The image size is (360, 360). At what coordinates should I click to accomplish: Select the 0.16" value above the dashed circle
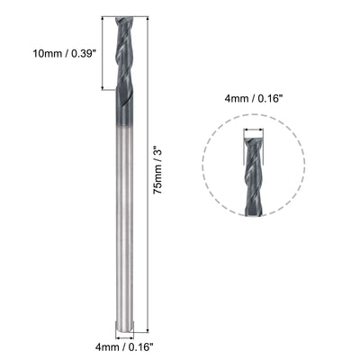pyautogui.click(x=274, y=100)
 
